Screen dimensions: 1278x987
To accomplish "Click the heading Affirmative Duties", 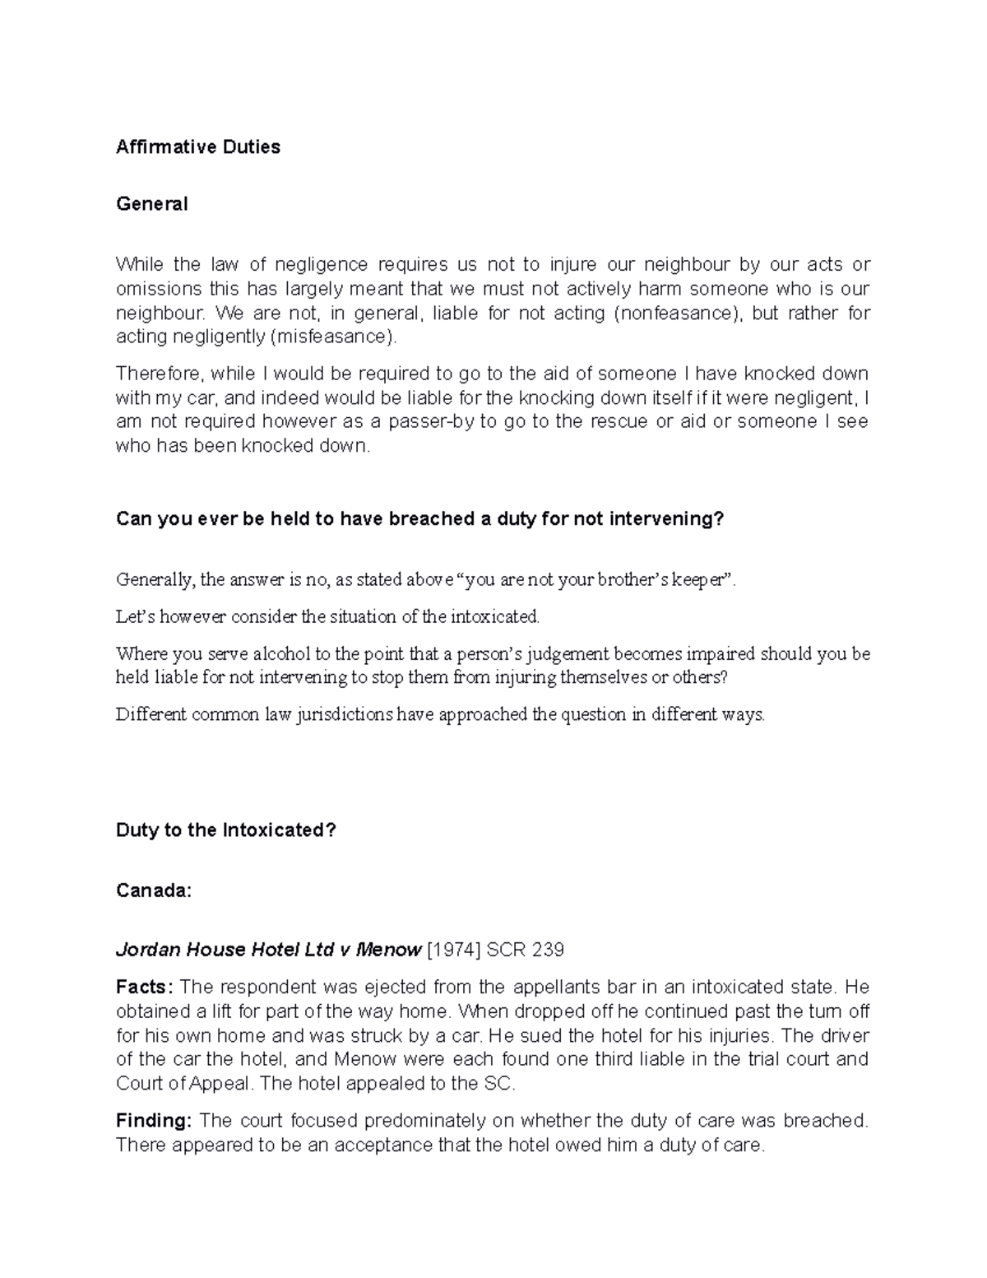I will coord(198,147).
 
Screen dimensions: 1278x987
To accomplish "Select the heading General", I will coord(151,204).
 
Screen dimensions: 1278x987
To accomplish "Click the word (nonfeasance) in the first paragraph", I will coord(678,313).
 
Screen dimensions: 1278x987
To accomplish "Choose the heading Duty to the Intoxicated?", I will coord(226,830).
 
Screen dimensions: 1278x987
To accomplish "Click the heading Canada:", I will coord(154,890).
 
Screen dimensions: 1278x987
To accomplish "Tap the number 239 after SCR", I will coord(547,950).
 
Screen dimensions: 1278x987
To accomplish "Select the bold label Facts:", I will coord(145,987).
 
